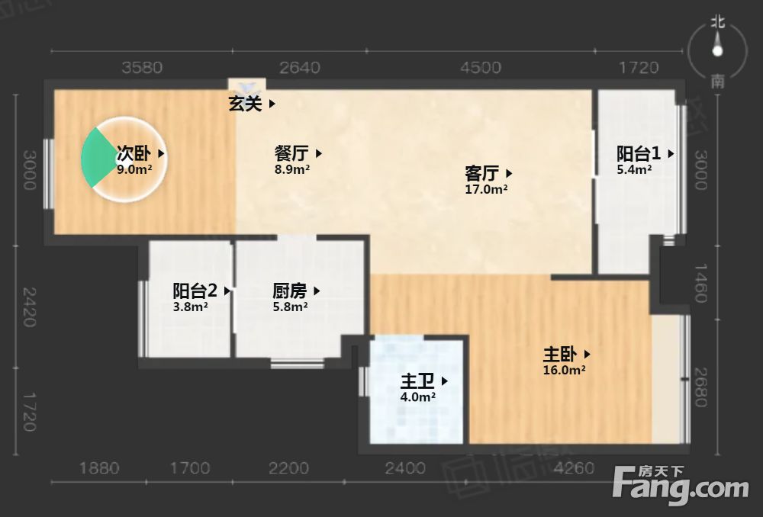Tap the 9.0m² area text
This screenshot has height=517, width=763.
tap(134, 169)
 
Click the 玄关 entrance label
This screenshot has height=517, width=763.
tap(246, 104)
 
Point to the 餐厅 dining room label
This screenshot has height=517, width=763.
tap(291, 153)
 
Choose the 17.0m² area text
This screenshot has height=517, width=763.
tap(486, 189)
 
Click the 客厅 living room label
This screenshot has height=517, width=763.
tap(481, 173)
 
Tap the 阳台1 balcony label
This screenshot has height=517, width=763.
tap(639, 153)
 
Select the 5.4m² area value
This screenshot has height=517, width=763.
tap(634, 170)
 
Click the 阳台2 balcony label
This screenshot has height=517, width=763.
tap(195, 291)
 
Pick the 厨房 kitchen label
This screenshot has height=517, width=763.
tap(290, 291)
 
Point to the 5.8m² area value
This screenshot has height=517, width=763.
tap(290, 307)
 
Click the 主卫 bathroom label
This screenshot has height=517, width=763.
tap(418, 381)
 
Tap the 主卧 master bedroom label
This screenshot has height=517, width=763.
tap(560, 355)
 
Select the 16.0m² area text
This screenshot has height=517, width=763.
tap(564, 371)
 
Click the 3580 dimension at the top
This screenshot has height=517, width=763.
tap(142, 68)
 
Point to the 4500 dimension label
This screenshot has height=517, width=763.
tap(481, 68)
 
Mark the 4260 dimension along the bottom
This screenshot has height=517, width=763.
tap(573, 467)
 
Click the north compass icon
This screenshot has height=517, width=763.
tap(716, 50)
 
